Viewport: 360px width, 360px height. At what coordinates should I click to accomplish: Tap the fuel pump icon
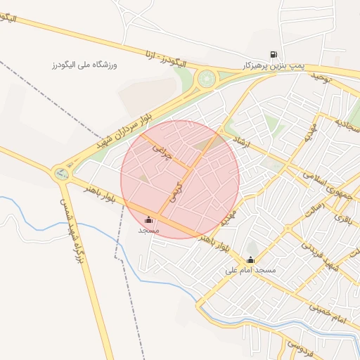tap(273, 53)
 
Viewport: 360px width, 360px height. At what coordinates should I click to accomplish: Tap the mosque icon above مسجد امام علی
tap(250, 259)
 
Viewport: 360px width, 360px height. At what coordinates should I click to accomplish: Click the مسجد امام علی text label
tap(250, 270)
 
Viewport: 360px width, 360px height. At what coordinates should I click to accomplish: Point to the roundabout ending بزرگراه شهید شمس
tap(62, 172)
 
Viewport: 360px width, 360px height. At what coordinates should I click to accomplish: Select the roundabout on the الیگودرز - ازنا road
tap(207, 78)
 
